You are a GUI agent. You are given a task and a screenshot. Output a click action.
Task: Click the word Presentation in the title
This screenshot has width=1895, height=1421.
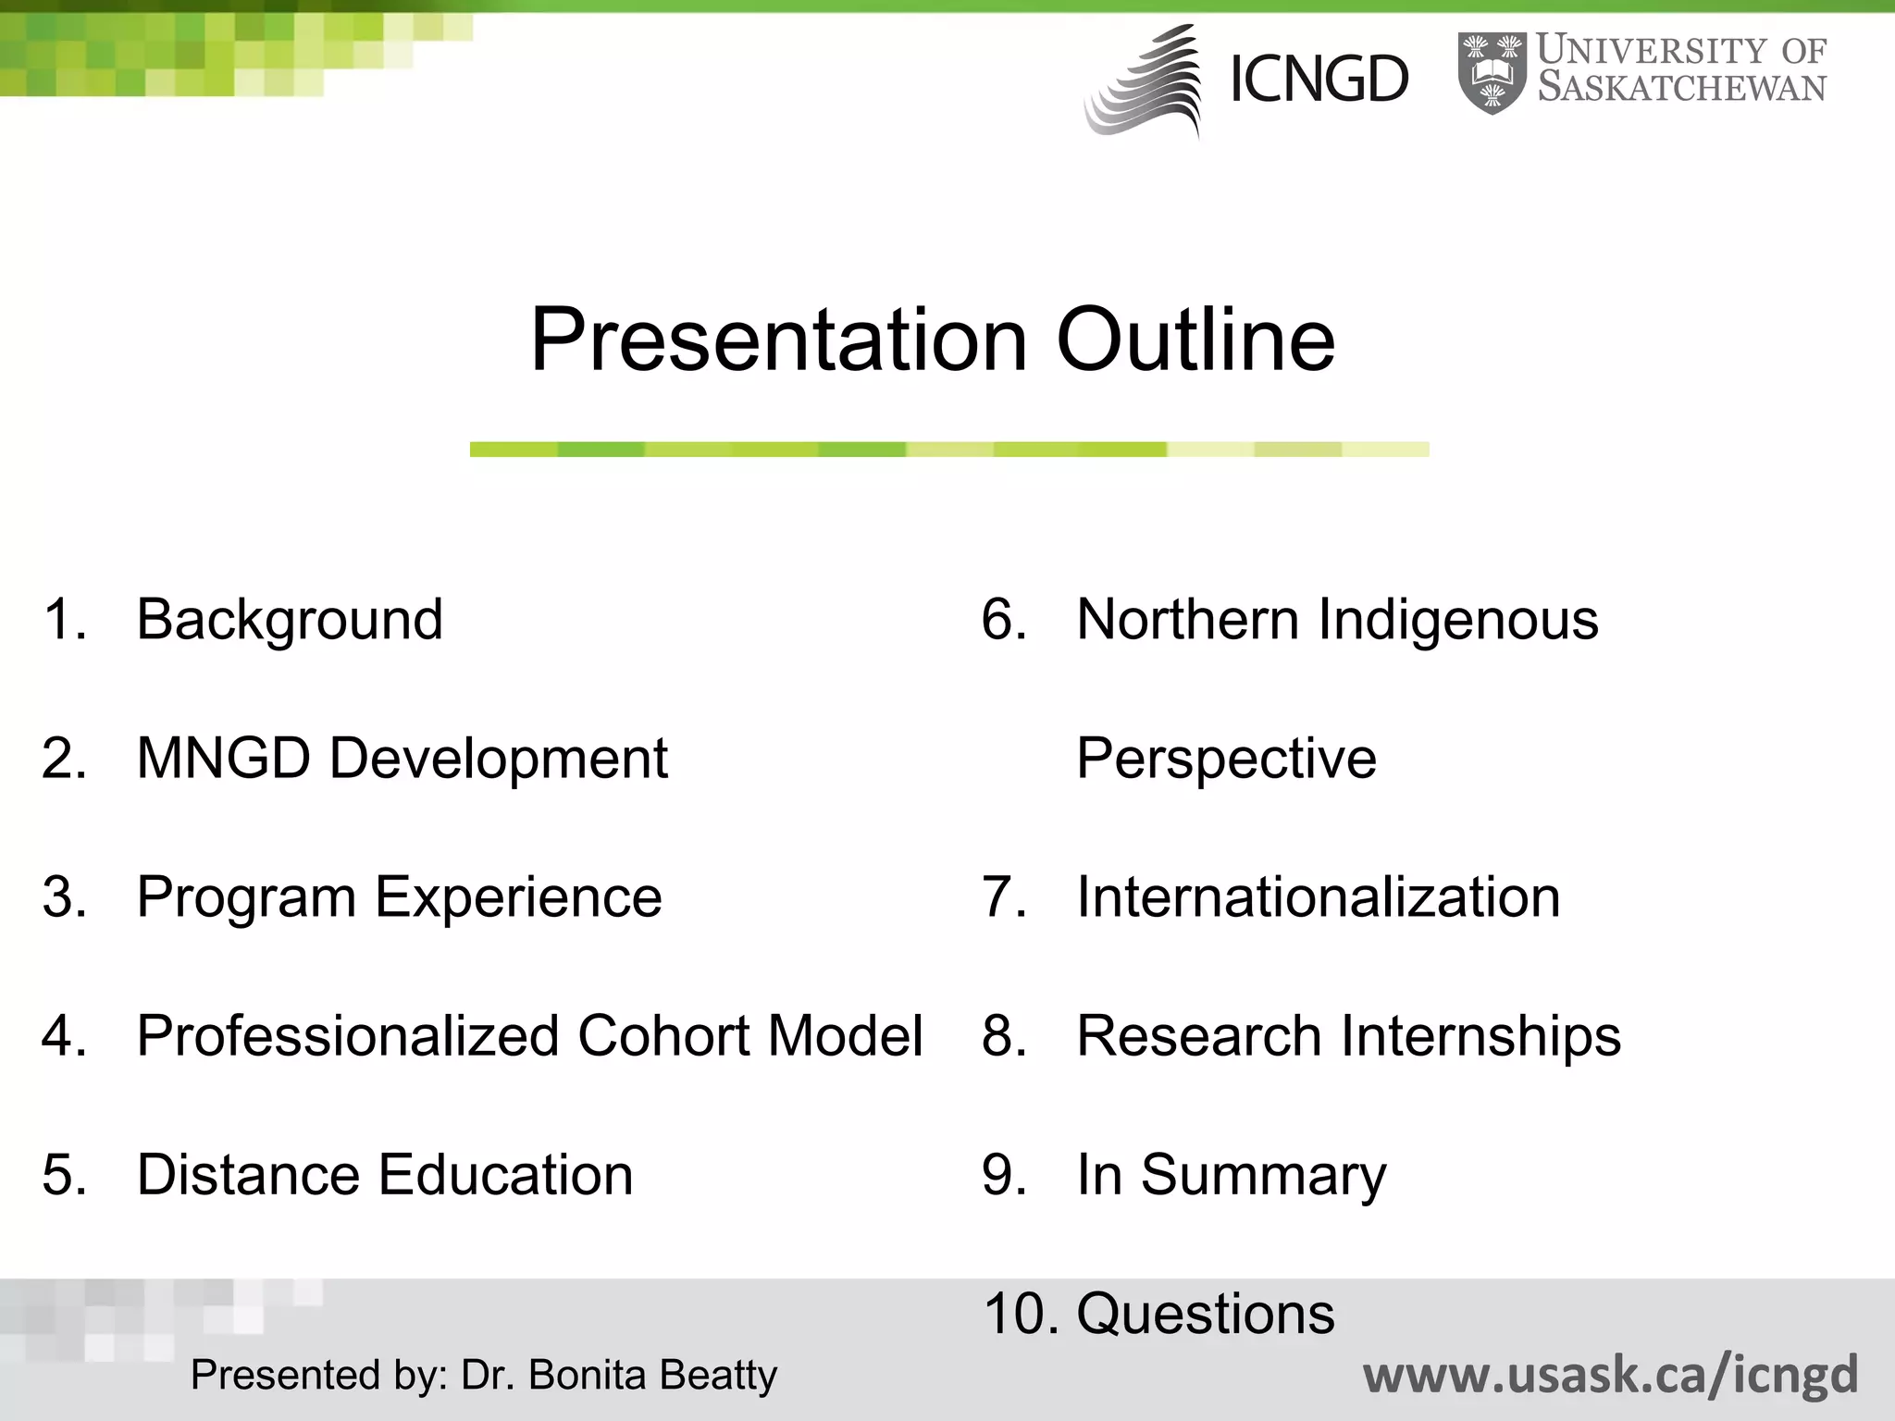(777, 340)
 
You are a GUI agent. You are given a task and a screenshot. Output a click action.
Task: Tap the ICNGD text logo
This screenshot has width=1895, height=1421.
(1319, 80)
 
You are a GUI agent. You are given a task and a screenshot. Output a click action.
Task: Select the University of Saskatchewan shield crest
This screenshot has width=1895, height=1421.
(1492, 72)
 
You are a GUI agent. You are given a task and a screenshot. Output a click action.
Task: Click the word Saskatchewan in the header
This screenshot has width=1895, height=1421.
(1681, 89)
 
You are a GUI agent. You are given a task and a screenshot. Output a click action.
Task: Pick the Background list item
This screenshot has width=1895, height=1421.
(290, 619)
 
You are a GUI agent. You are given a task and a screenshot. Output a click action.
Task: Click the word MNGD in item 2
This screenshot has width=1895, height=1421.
(223, 758)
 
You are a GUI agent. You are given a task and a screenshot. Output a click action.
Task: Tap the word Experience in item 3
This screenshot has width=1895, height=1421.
(518, 896)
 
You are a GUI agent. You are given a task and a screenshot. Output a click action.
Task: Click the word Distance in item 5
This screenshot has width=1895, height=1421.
(247, 1174)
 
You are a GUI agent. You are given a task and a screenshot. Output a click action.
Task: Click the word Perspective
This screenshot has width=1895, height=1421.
(1226, 758)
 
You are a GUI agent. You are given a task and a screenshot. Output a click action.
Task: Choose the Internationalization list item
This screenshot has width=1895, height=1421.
(1318, 896)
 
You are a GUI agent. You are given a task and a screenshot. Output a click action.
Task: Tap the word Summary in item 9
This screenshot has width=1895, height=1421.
(1263, 1174)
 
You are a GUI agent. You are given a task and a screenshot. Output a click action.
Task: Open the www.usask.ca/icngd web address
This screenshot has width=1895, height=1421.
(1610, 1375)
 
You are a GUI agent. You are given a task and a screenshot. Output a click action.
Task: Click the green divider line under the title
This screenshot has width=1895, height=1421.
(948, 450)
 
